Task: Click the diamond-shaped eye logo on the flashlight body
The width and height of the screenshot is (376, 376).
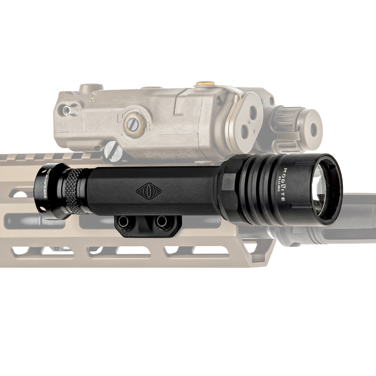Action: pyautogui.click(x=149, y=191)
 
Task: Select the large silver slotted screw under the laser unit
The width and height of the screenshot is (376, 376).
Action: pyautogui.click(x=112, y=151)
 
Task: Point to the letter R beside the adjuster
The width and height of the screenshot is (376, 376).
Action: pyautogui.click(x=148, y=128)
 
